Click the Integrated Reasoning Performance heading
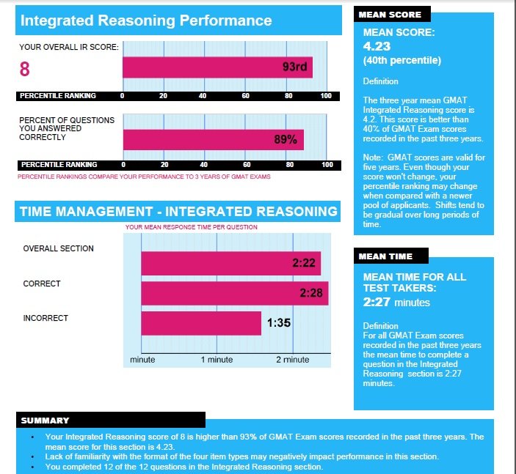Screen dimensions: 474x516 coord(146,21)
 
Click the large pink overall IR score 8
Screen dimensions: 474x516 coord(25,69)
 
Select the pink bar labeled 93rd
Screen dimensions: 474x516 coord(217,67)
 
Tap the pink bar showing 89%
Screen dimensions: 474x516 coord(213,140)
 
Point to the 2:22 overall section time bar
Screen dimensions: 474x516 coord(229,262)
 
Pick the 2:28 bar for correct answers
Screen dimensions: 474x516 coord(234,293)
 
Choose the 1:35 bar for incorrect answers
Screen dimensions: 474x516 coord(201,323)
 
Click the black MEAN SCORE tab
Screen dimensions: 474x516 coord(390,15)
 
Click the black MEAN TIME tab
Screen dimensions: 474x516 coord(386,256)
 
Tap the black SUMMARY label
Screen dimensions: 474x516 coord(46,421)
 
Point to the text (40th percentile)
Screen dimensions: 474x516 coord(401,60)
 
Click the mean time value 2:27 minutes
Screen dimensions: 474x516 coord(396,302)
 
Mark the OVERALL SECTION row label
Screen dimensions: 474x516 coord(59,248)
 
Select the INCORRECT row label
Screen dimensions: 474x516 coord(46,318)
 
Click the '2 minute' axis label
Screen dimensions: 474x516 coord(292,360)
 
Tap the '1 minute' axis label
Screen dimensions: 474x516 coord(217,360)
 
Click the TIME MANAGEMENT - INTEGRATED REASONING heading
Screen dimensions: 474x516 coord(178,212)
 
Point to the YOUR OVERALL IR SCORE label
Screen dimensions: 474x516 coord(68,47)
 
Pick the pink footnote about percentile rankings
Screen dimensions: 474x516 coord(144,177)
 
